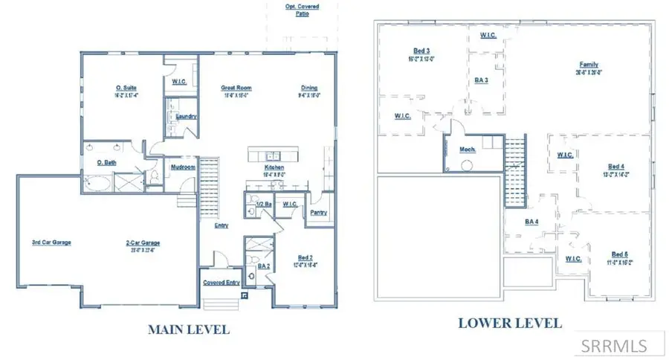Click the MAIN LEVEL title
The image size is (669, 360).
click(189, 328)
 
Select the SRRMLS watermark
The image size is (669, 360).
click(614, 345)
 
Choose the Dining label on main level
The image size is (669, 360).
click(309, 88)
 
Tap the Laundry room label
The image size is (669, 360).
click(186, 116)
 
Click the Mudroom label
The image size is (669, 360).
click(183, 167)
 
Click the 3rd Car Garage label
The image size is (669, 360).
click(51, 242)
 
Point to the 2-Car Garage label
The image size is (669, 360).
click(143, 242)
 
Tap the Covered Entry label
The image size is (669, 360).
click(221, 283)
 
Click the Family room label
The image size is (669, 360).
click(589, 65)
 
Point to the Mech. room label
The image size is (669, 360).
click(468, 148)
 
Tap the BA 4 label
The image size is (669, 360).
click(532, 221)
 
